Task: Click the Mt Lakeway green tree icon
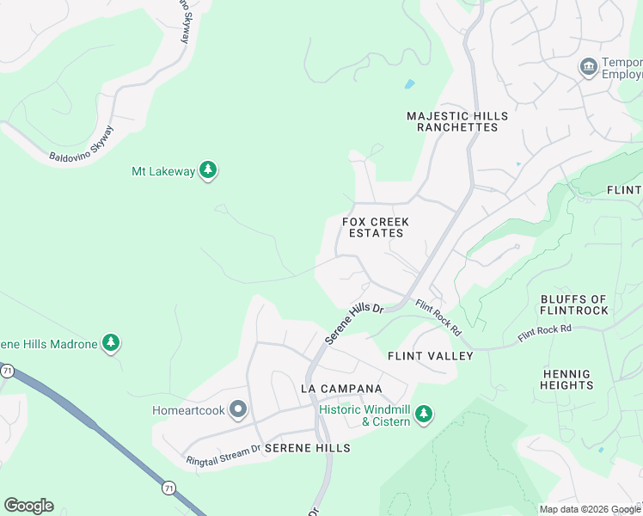207,170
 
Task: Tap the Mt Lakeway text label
162,171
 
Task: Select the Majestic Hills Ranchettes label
456,121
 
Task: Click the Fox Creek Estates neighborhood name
375,227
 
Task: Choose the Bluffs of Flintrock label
574,304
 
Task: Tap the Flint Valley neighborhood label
430,355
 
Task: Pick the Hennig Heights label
567,379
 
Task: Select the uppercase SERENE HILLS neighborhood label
307,448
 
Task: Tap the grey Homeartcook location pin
238,409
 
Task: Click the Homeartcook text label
188,410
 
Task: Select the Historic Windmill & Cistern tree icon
423,415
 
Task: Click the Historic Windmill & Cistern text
365,415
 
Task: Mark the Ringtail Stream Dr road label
224,455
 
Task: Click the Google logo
28,506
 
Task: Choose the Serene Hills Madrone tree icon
110,344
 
